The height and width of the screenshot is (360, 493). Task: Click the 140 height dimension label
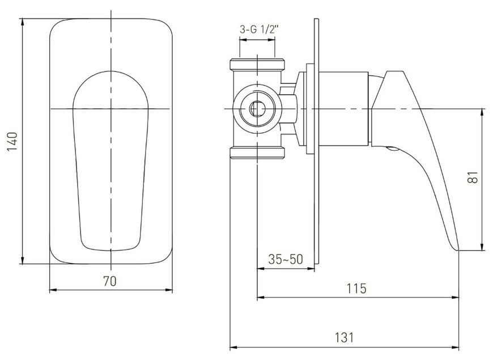pos(13,142)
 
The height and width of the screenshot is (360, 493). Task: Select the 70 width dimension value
pos(110,281)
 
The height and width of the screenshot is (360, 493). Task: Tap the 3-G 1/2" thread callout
pos(260,29)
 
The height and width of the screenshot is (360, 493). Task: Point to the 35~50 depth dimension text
pos(285,259)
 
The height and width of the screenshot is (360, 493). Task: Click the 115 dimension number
pos(356,288)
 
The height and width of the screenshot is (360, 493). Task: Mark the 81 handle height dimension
pos(473,177)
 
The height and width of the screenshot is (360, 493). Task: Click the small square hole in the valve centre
pos(257,109)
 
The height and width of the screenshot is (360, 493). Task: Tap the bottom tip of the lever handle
pos(457,251)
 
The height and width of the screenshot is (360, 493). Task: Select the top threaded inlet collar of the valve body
pos(257,64)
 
